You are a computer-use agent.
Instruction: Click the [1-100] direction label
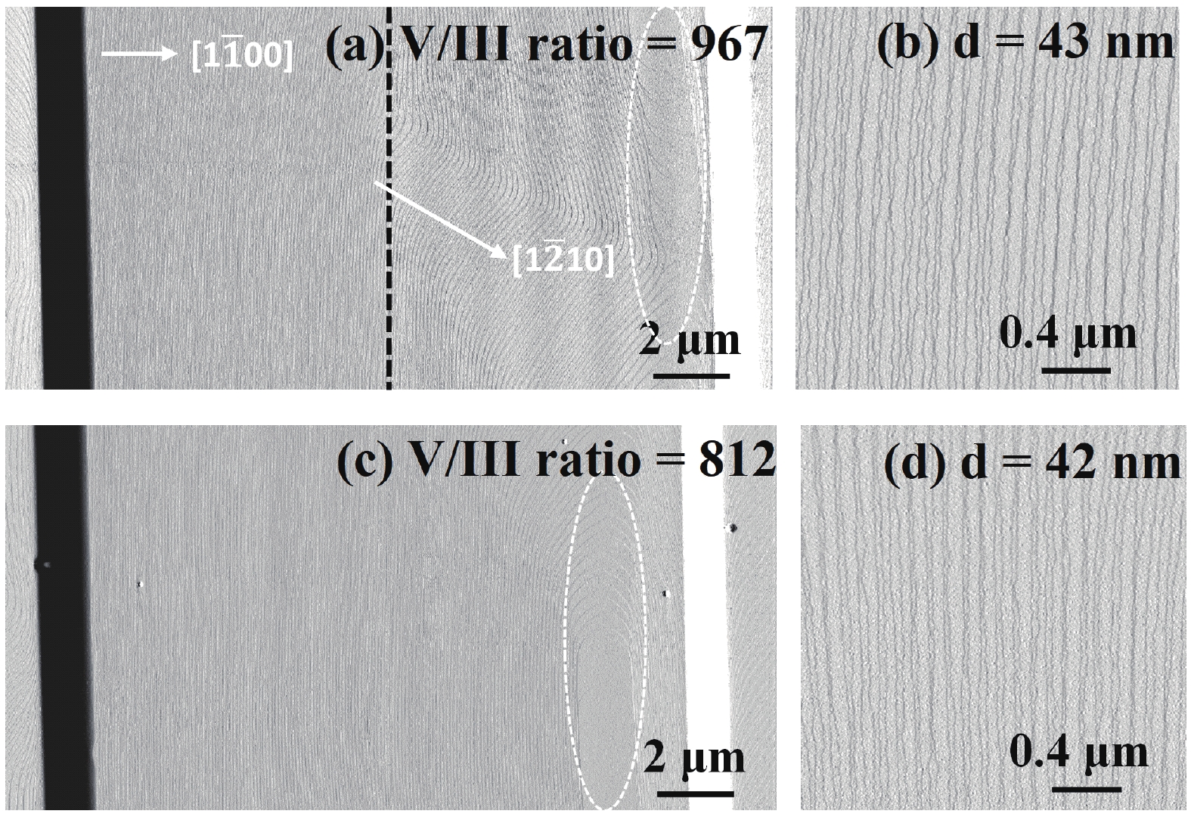point(242,55)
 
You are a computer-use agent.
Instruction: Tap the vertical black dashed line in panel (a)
point(389,198)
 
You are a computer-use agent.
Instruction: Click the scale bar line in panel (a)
point(691,376)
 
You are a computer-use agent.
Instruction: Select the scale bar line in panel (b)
point(1076,370)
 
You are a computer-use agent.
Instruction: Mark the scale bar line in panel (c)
point(696,794)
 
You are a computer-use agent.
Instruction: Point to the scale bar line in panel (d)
point(1086,788)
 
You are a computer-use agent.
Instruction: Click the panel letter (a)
point(355,45)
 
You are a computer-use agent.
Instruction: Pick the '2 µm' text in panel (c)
point(694,759)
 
